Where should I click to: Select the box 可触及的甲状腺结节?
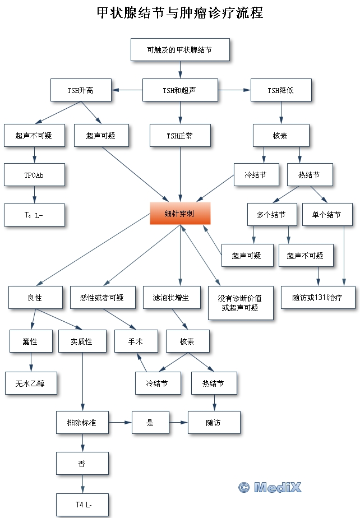pyautogui.click(x=179, y=49)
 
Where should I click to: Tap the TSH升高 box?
pyautogui.click(x=81, y=90)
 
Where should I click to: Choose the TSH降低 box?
pyautogui.click(x=280, y=90)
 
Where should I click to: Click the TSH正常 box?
pyautogui.click(x=179, y=136)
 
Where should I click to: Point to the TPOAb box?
pyautogui.click(x=34, y=175)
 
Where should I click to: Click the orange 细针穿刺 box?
pyautogui.click(x=179, y=214)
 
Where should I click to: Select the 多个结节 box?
pyautogui.click(x=271, y=215)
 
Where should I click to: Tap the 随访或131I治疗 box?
pyautogui.click(x=317, y=297)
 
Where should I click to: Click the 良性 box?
pyautogui.click(x=35, y=297)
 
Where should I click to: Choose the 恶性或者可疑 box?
pyautogui.click(x=103, y=297)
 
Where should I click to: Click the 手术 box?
pyautogui.click(x=136, y=341)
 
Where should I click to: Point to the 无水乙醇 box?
pyautogui.click(x=31, y=383)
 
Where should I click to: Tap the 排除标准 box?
pyautogui.click(x=82, y=422)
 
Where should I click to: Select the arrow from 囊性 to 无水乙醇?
pyautogui.click(x=31, y=362)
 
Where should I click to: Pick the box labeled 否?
pyautogui.click(x=82, y=463)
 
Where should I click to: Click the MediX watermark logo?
pyautogui.click(x=270, y=487)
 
